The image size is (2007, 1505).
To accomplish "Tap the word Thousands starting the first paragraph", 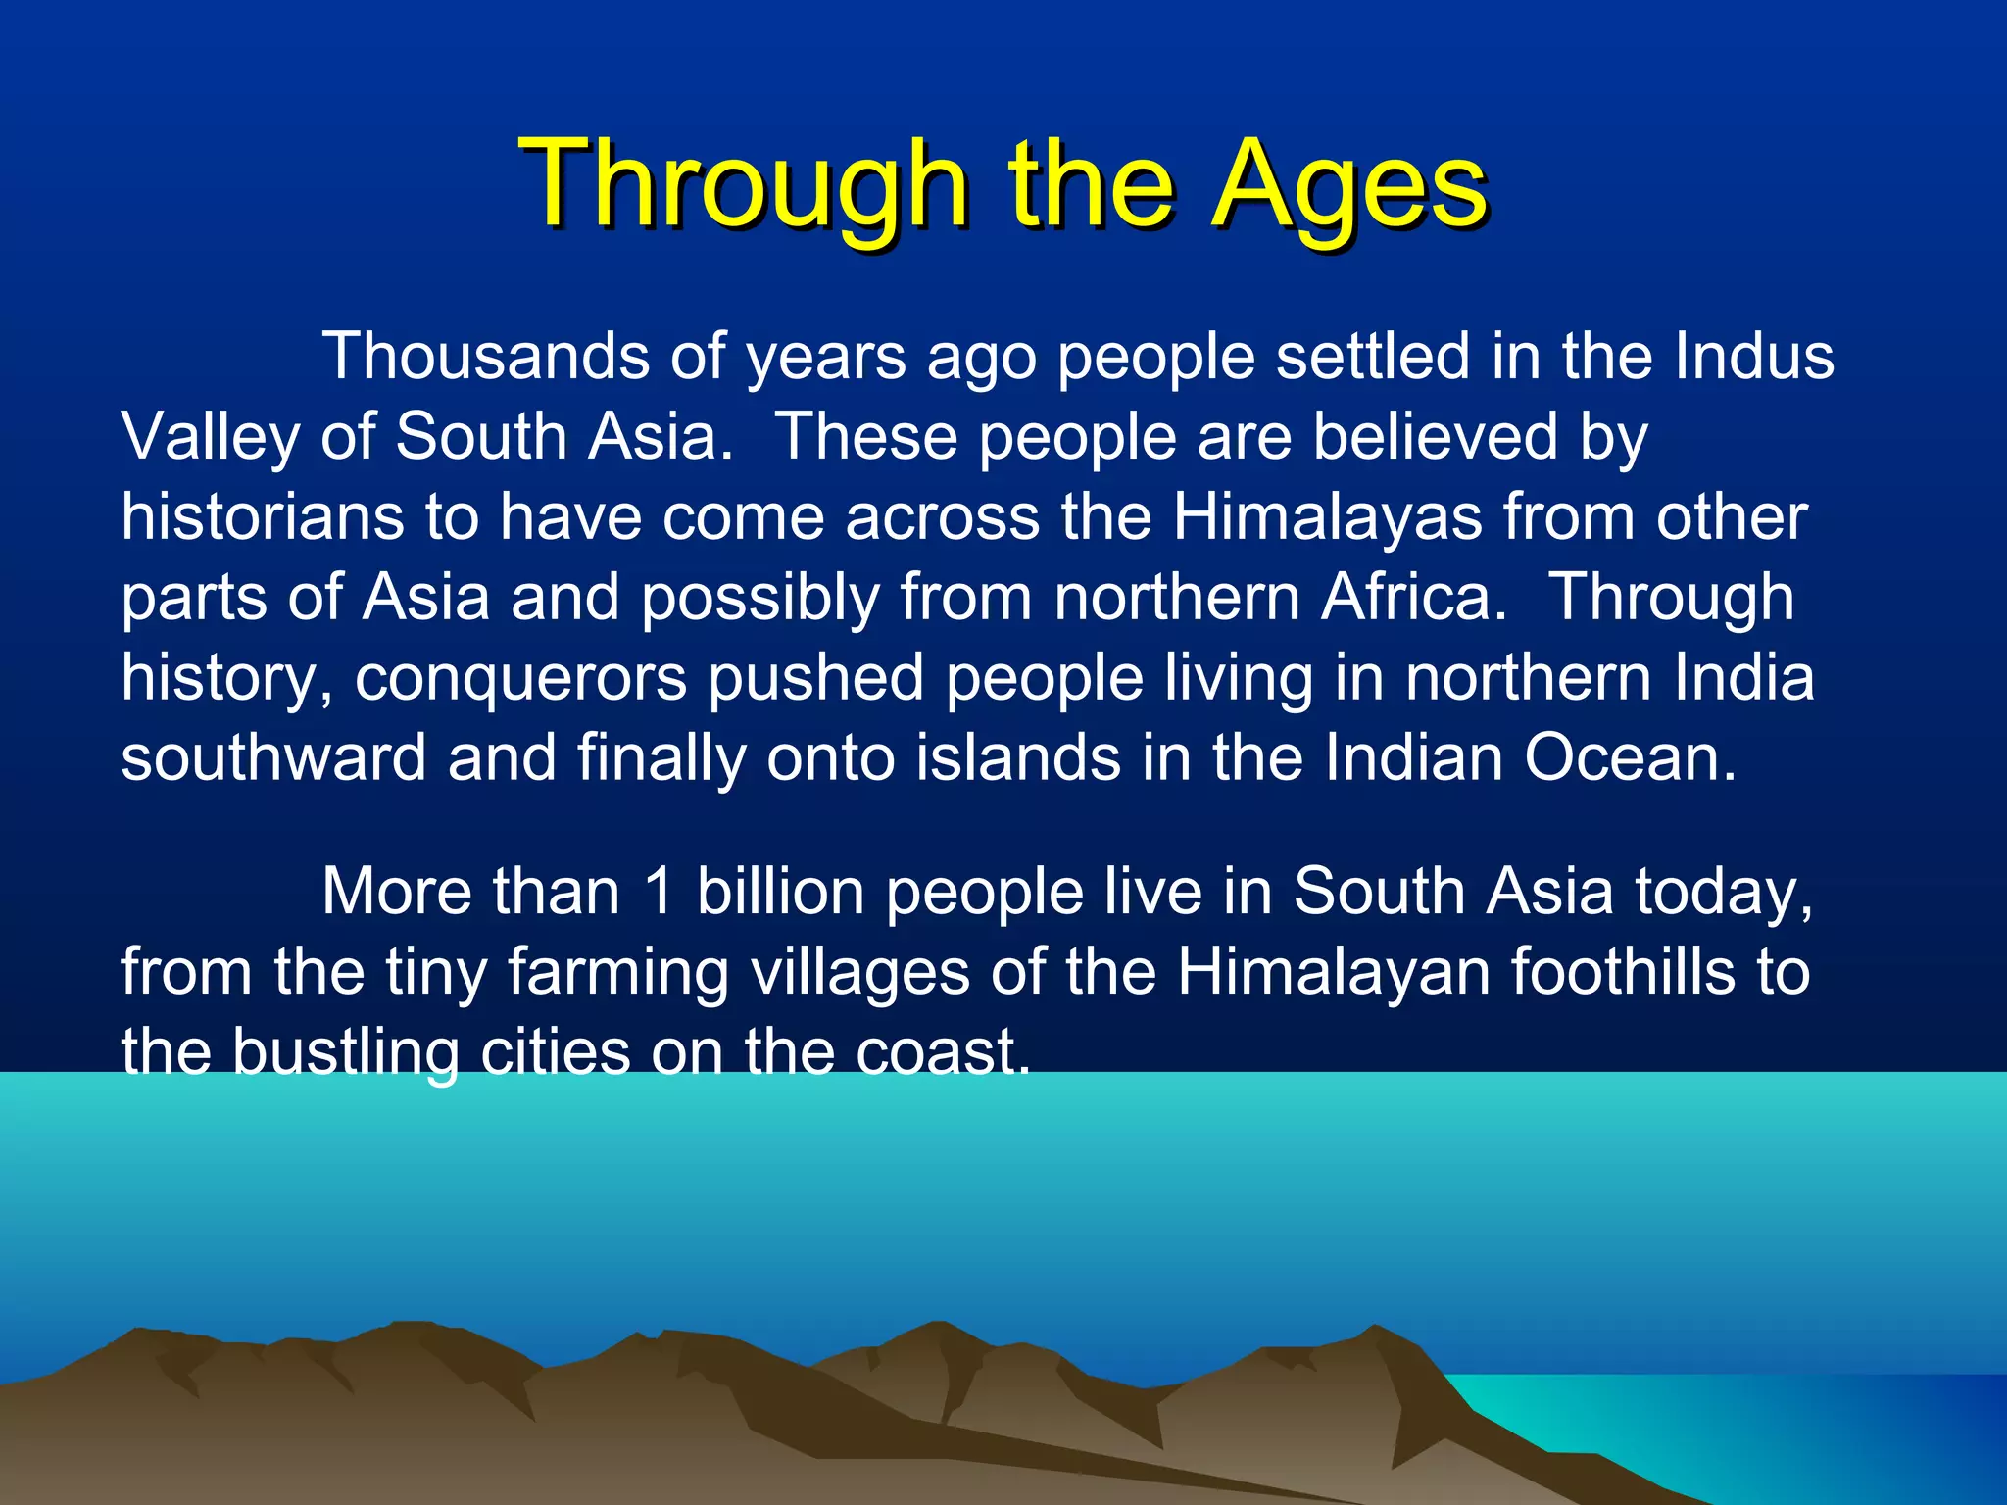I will [485, 356].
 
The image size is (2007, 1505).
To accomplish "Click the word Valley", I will [210, 437].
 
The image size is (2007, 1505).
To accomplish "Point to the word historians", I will [262, 517].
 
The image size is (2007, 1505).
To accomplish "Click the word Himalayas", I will [1328, 517].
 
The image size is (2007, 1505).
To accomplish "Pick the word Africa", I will [1414, 598].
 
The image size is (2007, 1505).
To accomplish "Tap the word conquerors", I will [520, 678].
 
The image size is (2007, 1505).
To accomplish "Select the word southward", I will [273, 758].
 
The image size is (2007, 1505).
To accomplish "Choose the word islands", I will [1017, 758].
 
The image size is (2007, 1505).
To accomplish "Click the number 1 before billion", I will [660, 893].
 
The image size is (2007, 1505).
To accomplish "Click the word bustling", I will [345, 1053].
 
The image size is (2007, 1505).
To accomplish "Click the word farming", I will [618, 973].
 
